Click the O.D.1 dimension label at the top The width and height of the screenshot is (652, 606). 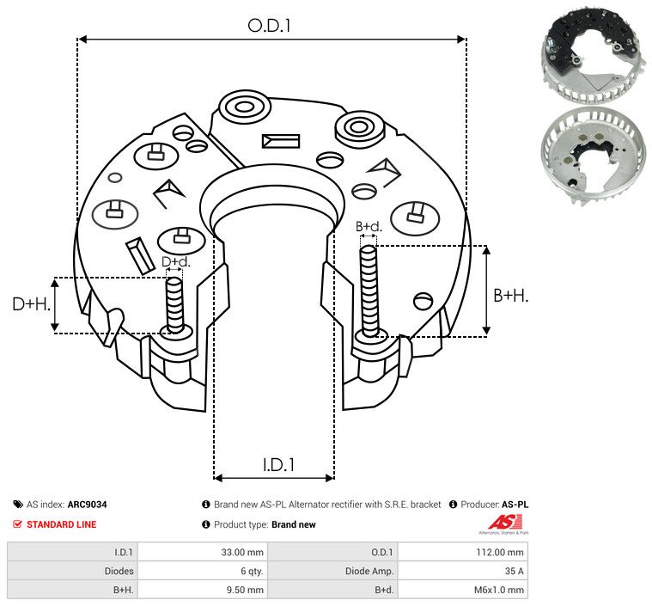click(270, 26)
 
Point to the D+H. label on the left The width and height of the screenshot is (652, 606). click(31, 304)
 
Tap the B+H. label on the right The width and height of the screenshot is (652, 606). click(510, 295)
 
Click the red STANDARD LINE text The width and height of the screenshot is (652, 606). click(61, 524)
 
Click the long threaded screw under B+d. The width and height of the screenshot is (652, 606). click(369, 291)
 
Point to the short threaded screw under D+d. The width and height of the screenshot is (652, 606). click(174, 304)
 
